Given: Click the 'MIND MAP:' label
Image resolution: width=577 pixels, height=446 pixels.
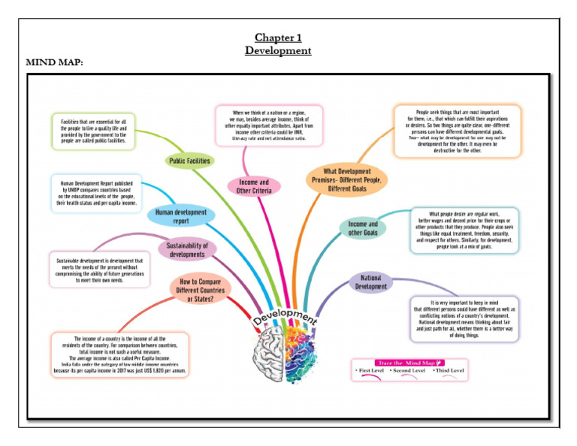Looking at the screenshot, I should (x=54, y=62).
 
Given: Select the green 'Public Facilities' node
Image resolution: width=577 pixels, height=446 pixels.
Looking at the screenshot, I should (x=189, y=160).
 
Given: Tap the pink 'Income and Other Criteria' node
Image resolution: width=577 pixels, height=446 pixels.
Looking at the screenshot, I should (x=253, y=186).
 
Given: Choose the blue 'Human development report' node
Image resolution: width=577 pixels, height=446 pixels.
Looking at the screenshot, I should (x=180, y=216).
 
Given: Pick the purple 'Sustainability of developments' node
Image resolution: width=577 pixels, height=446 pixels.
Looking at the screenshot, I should (x=187, y=249).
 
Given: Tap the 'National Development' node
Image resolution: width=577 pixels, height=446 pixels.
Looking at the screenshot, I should (x=370, y=282).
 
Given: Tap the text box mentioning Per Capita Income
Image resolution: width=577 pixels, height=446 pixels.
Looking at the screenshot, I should (x=120, y=355).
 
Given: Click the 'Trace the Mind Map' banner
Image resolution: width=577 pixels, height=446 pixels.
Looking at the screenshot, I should (x=409, y=362).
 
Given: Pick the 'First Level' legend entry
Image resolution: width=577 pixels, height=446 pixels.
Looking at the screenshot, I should (x=371, y=372).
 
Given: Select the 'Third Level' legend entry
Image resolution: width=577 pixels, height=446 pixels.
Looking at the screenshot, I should (x=448, y=372).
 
